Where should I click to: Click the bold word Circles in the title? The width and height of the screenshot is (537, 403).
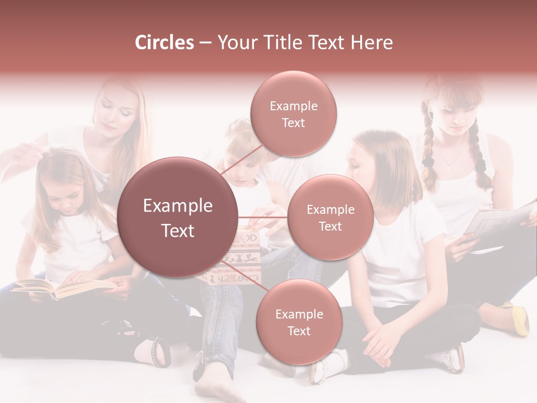[x=164, y=43]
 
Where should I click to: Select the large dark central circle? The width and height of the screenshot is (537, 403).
[x=178, y=217]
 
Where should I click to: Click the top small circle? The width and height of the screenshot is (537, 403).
[x=293, y=114]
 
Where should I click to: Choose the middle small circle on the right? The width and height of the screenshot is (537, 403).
[x=330, y=217]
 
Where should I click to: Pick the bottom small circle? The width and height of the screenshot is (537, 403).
[x=299, y=322]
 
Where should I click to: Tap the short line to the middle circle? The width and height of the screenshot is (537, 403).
[x=262, y=217]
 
